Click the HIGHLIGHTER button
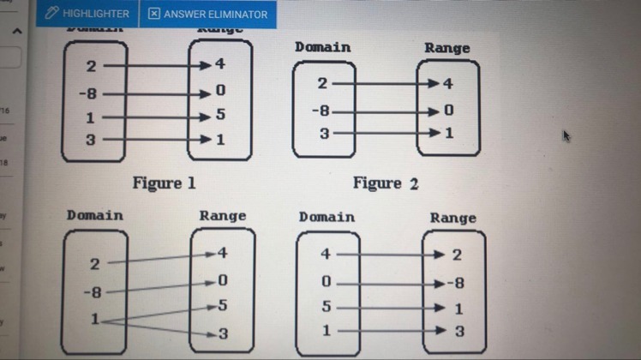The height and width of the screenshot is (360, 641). (x=87, y=14)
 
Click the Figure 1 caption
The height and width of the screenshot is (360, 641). (x=164, y=183)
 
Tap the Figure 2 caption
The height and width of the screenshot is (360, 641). (x=386, y=183)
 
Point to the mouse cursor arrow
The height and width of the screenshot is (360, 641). (x=566, y=135)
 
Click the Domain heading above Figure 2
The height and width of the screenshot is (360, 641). (x=322, y=47)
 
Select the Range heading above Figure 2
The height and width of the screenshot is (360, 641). (x=446, y=48)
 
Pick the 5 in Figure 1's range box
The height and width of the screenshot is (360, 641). (x=220, y=114)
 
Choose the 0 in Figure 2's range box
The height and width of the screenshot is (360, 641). (x=448, y=110)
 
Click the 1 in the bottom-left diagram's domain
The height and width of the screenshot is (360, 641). (x=94, y=319)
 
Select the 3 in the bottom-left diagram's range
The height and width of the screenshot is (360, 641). (x=223, y=333)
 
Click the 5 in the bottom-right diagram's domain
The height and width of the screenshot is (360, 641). (x=326, y=306)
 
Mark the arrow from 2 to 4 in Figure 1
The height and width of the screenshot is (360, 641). (x=154, y=65)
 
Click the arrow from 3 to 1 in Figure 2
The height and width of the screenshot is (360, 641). (x=381, y=133)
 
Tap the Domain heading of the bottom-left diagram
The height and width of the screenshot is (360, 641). (x=94, y=215)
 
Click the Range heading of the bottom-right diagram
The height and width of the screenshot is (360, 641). (x=453, y=218)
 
